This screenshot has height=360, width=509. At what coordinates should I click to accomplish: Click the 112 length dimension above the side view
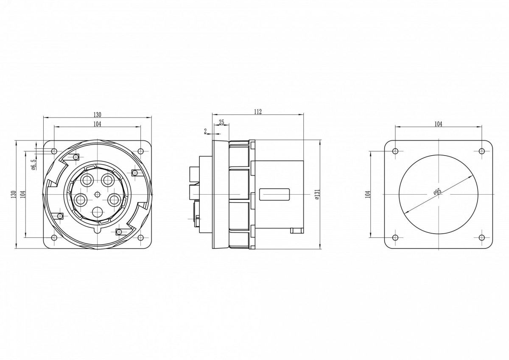point(258,112)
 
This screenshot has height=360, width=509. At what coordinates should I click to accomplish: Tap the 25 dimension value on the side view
point(221,123)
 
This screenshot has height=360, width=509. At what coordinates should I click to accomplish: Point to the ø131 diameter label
point(317,194)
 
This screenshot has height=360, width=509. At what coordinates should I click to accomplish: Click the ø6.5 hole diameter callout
point(33,165)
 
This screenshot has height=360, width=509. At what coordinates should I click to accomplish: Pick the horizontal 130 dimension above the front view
point(97,115)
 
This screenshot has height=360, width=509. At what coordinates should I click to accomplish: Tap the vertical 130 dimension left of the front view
point(14,195)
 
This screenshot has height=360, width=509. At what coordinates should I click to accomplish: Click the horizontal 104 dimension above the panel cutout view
point(438,124)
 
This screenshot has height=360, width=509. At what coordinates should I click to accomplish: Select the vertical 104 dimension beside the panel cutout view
point(368,195)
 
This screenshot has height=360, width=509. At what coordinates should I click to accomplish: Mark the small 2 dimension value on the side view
point(205,131)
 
